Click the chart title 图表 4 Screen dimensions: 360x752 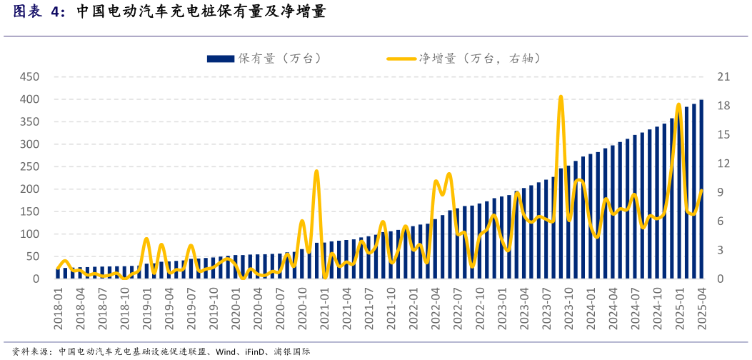coord(39,12)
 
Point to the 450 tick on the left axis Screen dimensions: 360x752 coord(29,77)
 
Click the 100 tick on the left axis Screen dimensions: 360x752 coord(29,234)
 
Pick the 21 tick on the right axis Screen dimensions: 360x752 coord(723,77)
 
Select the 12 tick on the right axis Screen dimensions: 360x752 coord(723,164)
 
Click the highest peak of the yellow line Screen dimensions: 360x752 coord(561,96)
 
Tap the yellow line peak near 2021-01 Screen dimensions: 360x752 coord(316,171)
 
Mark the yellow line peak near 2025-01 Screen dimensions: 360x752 coord(678,105)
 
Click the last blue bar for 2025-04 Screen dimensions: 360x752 coord(701,189)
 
